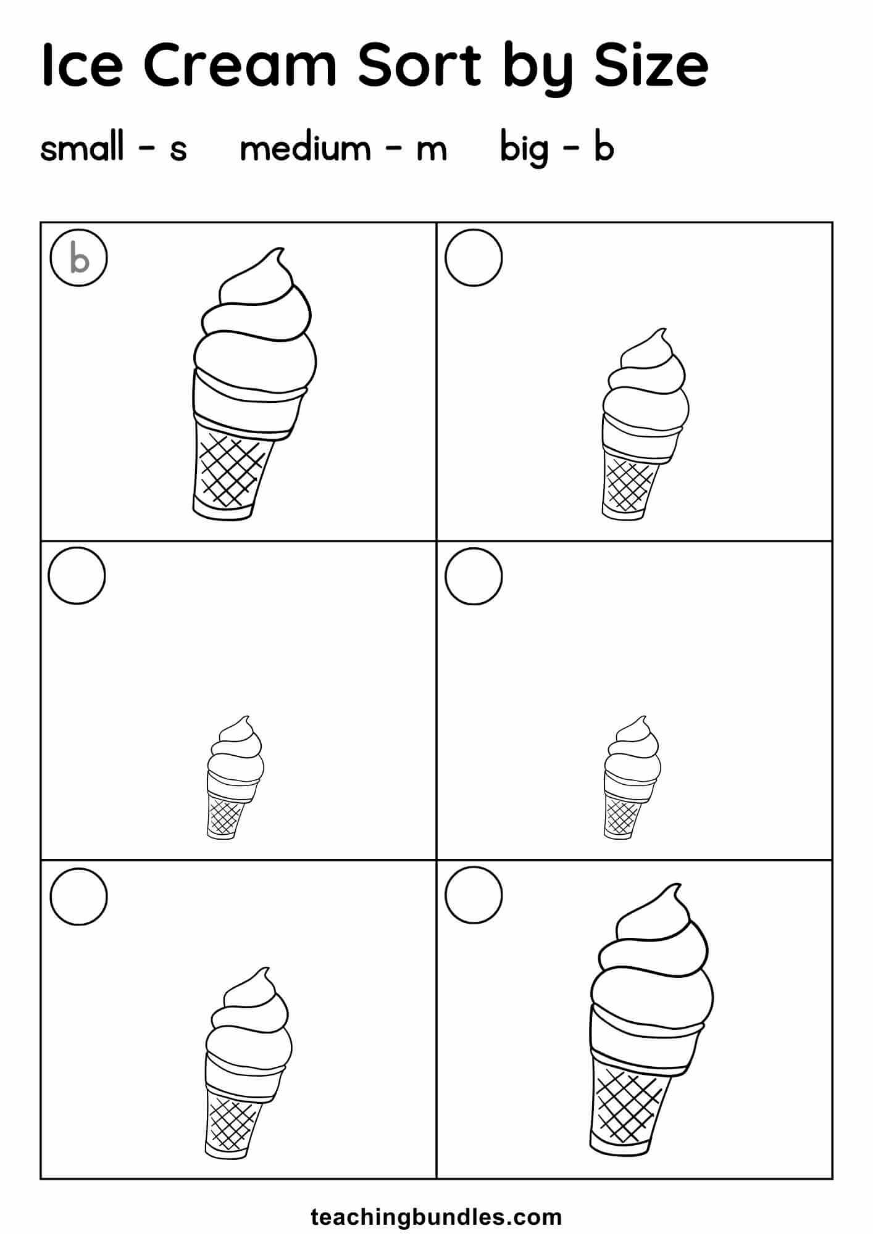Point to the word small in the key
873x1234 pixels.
pyautogui.click(x=82, y=148)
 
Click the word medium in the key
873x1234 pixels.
pyautogui.click(x=305, y=148)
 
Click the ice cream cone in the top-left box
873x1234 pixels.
pyautogui.click(x=254, y=383)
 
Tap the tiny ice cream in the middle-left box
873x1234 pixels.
pyautogui.click(x=235, y=777)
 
